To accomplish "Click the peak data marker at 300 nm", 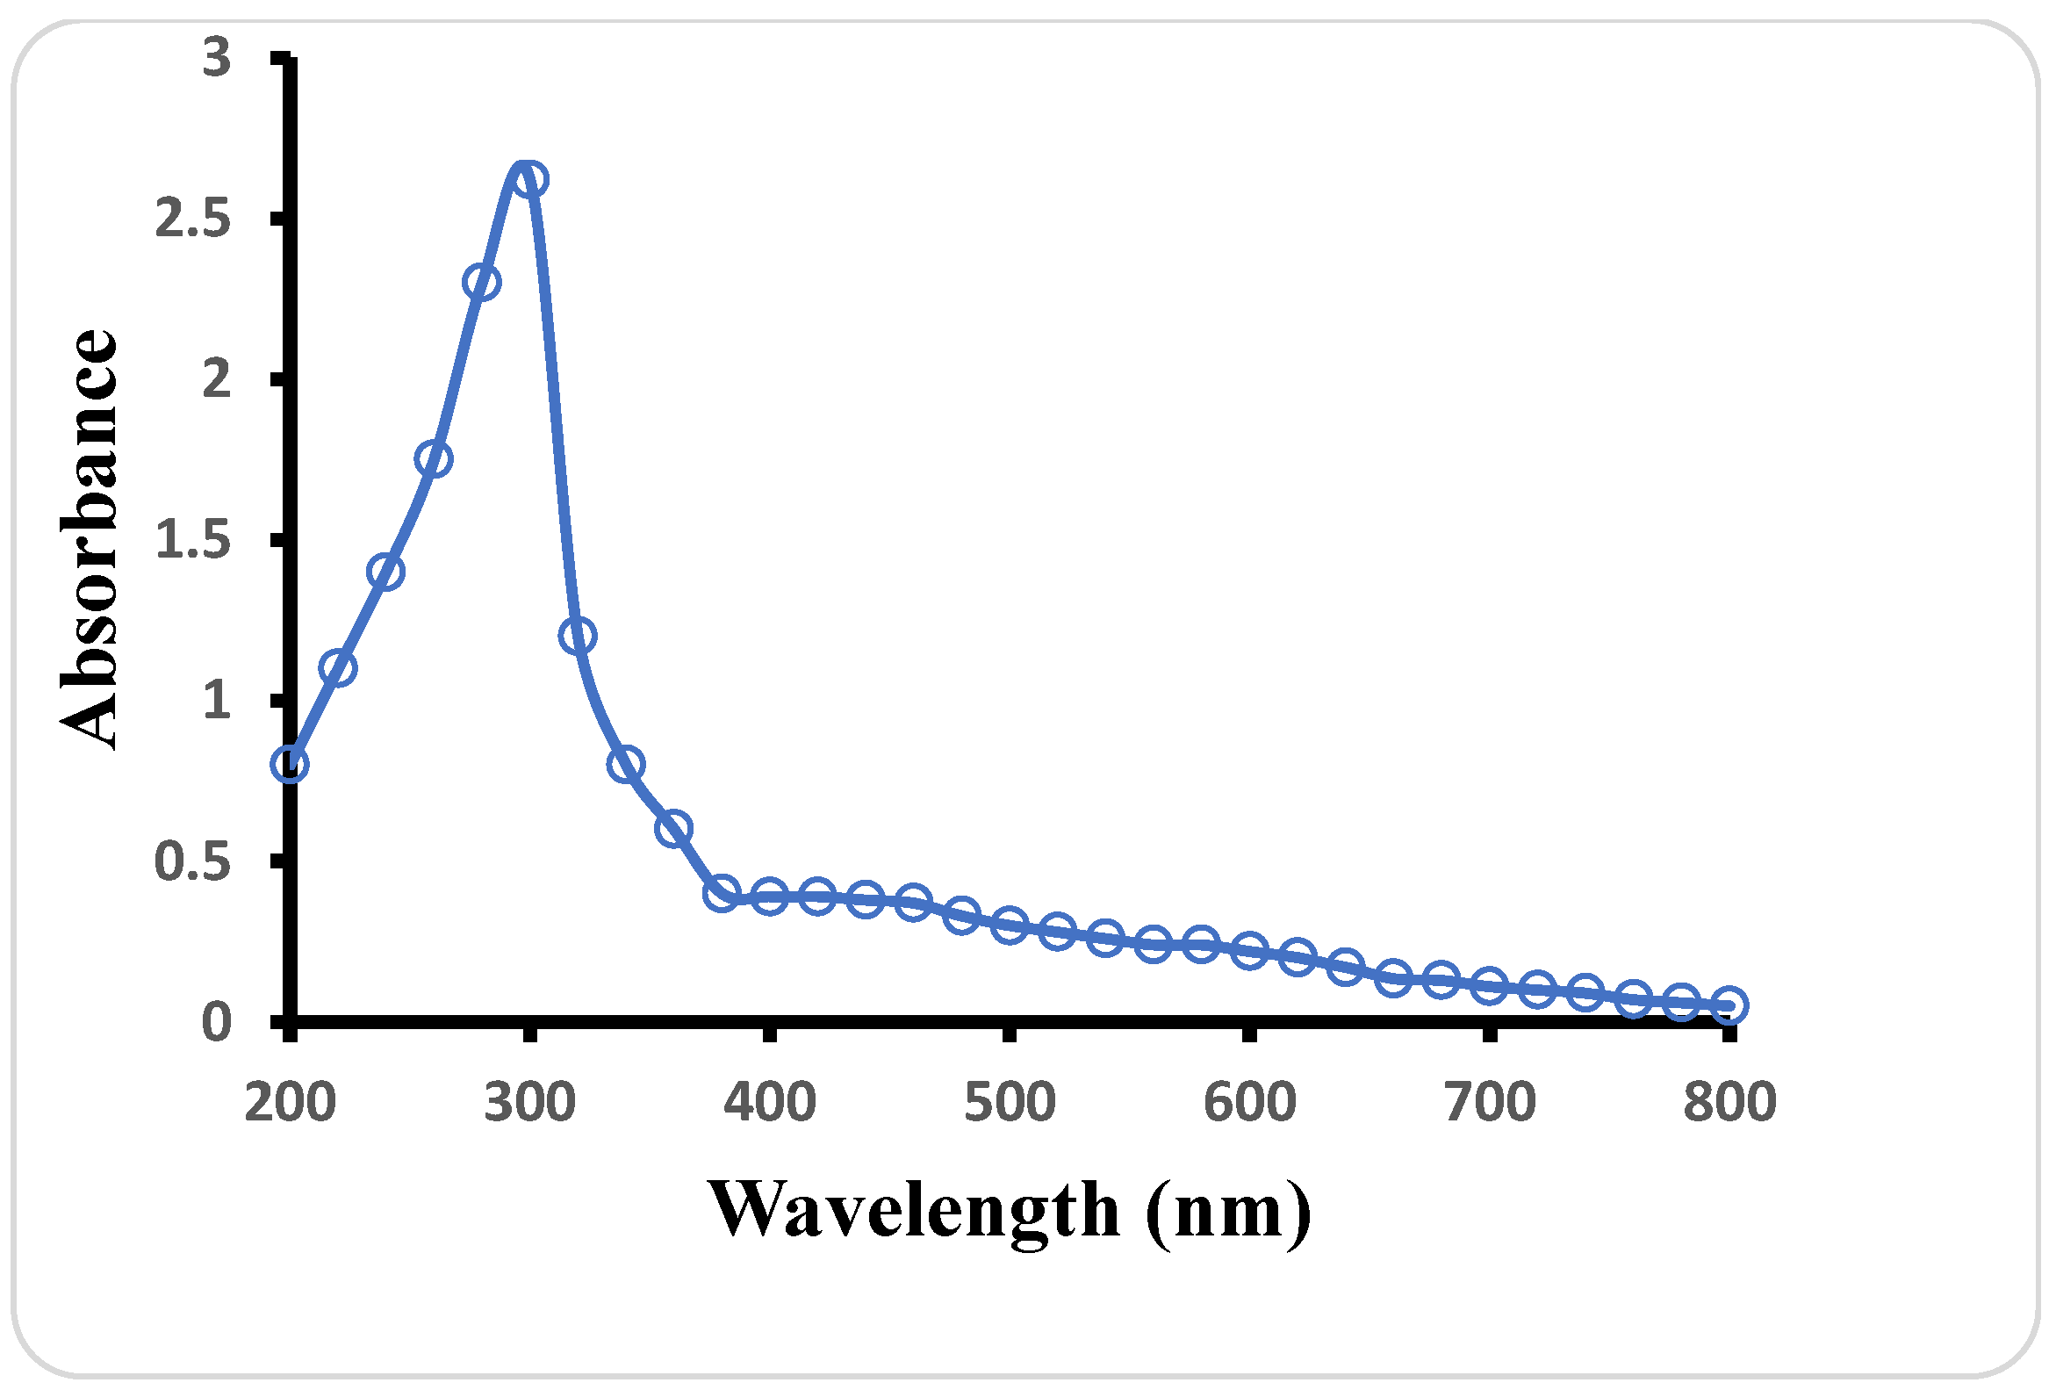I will point(528,180).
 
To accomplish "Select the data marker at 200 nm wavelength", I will point(290,764).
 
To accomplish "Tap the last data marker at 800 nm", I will point(1729,1006).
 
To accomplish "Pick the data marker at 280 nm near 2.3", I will point(481,283).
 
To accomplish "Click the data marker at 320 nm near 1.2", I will point(578,635).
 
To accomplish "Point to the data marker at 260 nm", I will point(434,459).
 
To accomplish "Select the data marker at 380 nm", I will point(722,893).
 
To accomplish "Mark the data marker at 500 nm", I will point(1010,925).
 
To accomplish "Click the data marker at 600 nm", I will point(1249,951).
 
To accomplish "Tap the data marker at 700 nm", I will point(1489,986).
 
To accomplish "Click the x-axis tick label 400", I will point(769,1104).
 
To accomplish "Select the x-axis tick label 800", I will point(1729,1104).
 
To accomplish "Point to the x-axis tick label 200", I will point(290,1104).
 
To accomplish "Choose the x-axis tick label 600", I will point(1249,1104).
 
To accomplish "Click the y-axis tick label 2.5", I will point(193,219).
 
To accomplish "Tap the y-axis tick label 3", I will point(216,59).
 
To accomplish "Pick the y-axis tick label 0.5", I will point(193,861).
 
